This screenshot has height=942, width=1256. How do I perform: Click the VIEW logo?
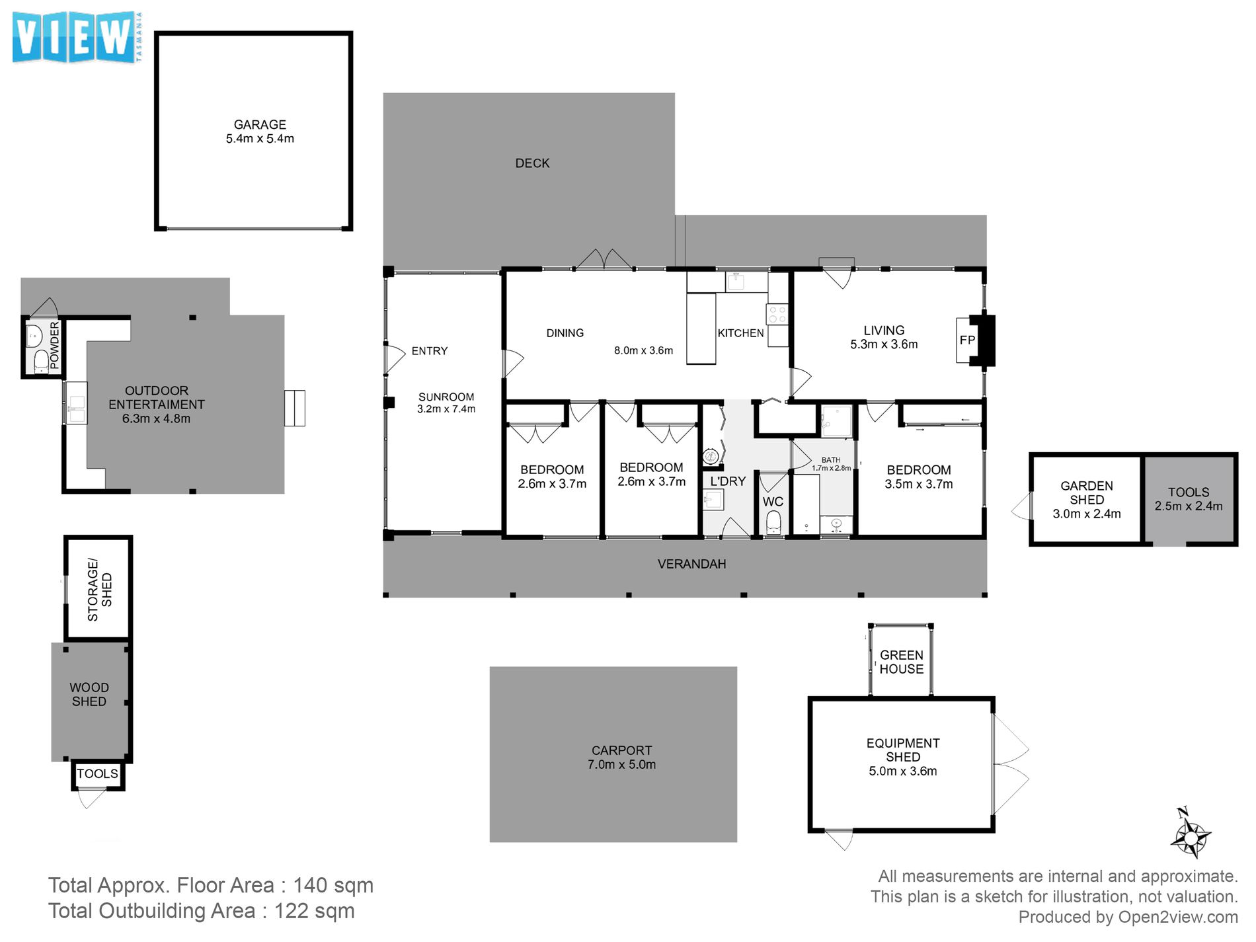point(76,38)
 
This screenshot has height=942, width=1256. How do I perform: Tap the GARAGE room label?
point(260,124)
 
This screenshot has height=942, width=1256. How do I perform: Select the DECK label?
point(532,163)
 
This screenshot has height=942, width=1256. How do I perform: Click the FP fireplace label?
point(967,340)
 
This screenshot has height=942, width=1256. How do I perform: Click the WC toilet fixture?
point(773,523)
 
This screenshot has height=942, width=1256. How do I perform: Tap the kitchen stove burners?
point(777,314)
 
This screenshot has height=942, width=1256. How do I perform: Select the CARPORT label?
point(621,750)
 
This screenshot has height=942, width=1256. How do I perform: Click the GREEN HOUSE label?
point(901,662)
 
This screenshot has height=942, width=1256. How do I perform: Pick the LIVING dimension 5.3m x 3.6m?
point(884,344)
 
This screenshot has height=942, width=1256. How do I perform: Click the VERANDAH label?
point(691,564)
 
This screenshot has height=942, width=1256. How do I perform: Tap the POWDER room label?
point(54,345)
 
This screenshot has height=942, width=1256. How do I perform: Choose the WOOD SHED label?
point(89,695)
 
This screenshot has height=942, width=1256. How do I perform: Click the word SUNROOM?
point(446,397)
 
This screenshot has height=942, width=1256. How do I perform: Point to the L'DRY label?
point(728,481)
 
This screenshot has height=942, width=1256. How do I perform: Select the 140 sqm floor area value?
point(333,885)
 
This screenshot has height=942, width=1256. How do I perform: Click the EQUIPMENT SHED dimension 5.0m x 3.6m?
point(903,771)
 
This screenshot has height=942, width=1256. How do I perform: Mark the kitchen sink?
point(736,282)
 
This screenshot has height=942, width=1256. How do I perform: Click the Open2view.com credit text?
point(1178,917)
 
